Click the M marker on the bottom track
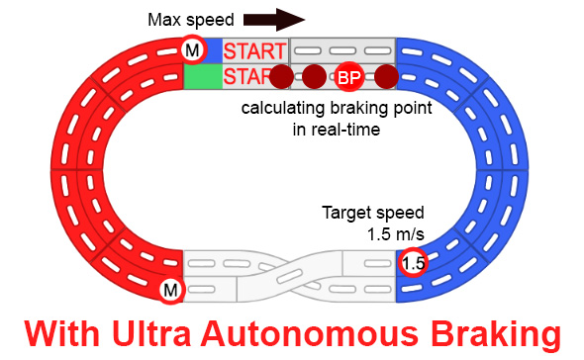(x=171, y=290)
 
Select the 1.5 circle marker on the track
(x=413, y=264)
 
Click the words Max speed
(x=190, y=20)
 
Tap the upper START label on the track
(x=254, y=50)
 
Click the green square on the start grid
(x=202, y=77)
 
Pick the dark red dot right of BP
(x=386, y=77)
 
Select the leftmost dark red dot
(x=282, y=77)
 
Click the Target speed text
(x=373, y=212)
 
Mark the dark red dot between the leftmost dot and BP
(x=314, y=77)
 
